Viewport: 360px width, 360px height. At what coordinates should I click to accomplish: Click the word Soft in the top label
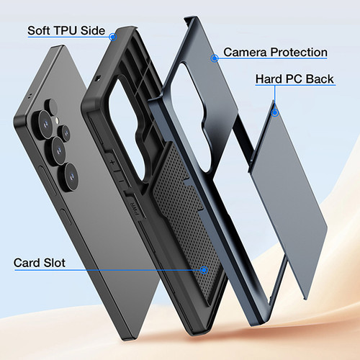tap(39, 31)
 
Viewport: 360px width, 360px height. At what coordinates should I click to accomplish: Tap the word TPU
tap(66, 31)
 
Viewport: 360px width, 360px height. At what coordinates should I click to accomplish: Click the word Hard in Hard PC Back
tap(267, 79)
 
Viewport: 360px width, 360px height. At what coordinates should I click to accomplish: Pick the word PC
tap(292, 79)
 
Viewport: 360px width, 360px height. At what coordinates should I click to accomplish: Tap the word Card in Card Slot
tap(27, 263)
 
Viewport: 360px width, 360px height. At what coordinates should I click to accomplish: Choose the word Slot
tap(54, 263)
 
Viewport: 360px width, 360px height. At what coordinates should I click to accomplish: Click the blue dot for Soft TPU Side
tap(112, 37)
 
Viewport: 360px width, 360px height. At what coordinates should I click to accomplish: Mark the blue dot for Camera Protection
tap(215, 58)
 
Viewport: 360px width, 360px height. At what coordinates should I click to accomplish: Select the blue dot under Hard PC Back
tap(275, 112)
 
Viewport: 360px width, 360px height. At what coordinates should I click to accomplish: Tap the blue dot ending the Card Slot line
tap(204, 270)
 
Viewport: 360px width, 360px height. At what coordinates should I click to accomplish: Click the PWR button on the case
tap(134, 207)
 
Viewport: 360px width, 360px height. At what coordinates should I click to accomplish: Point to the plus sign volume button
tap(112, 163)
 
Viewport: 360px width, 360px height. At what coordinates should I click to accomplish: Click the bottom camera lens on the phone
tap(71, 177)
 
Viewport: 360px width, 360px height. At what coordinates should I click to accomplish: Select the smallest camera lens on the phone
tap(65, 132)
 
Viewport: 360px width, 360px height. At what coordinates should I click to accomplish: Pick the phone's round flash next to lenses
tap(57, 120)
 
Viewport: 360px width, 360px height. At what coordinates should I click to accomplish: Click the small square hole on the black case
tap(97, 78)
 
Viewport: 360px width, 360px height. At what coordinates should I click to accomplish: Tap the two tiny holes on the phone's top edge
tap(30, 96)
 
